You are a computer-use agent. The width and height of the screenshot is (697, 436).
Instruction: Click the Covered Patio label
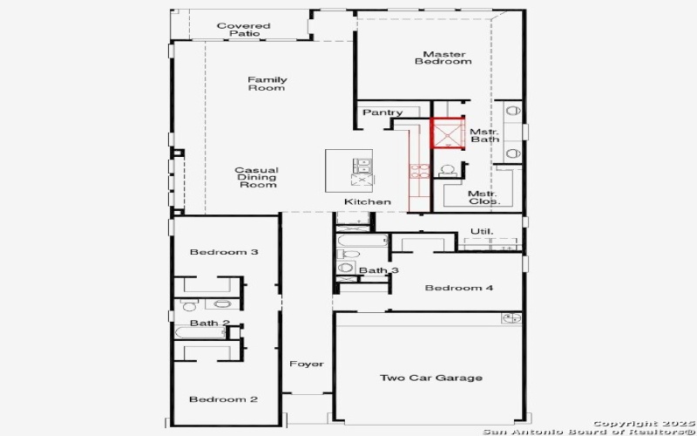[x=243, y=30]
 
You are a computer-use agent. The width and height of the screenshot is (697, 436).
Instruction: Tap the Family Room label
[x=267, y=84]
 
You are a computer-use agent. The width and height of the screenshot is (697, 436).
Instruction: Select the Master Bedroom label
[x=443, y=58]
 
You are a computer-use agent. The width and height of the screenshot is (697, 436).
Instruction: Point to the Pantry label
[x=382, y=112]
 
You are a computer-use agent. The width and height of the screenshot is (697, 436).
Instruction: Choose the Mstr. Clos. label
[x=483, y=197]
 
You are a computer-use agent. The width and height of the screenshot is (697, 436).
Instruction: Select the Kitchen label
[x=367, y=202]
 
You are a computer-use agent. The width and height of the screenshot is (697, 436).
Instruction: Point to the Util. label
[x=482, y=231]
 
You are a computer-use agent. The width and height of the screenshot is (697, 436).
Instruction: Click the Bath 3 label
[x=379, y=270]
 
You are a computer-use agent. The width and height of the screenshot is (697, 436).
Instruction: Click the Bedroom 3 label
[x=224, y=252]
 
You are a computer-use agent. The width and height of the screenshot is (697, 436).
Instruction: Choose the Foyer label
[x=306, y=364]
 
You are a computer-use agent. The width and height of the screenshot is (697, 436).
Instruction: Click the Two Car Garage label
[x=430, y=378]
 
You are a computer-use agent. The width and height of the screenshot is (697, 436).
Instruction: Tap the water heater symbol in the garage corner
[x=511, y=318]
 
